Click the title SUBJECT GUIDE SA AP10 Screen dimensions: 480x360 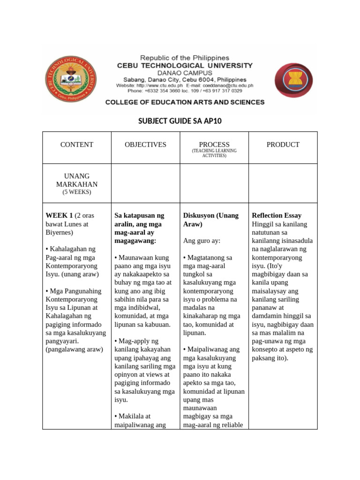click(180, 121)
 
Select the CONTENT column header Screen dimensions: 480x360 click(77, 145)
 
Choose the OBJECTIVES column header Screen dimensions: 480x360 click(145, 145)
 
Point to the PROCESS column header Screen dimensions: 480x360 click(214, 145)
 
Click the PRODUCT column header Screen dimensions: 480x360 click(283, 145)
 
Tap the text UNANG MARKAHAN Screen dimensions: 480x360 click(77, 180)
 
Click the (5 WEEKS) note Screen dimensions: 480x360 click(77, 192)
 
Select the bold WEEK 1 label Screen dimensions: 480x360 click(59, 216)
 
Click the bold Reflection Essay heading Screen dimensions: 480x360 click(276, 216)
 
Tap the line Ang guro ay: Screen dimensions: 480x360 click(202, 241)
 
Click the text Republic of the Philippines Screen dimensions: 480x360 click(185, 58)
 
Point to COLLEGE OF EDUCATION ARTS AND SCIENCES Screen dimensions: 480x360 click(185, 102)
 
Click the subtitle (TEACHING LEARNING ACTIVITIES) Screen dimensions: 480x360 click(214, 153)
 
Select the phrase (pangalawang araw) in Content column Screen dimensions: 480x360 click(74, 350)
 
